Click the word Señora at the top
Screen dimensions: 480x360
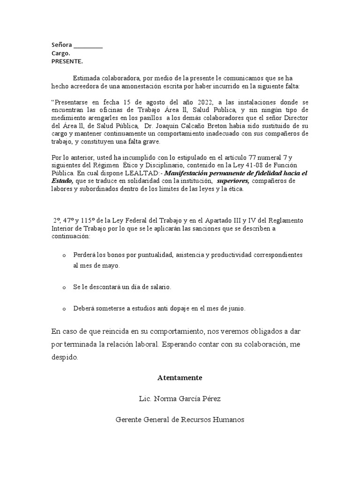pos(61,45)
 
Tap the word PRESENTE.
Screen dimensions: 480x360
pos(67,61)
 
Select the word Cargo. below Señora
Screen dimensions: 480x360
pos(60,53)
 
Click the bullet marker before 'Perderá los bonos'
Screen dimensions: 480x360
pos(64,255)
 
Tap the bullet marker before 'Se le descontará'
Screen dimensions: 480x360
pos(64,287)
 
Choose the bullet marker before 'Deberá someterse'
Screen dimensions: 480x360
pos(64,309)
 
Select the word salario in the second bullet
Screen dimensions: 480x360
pos(160,286)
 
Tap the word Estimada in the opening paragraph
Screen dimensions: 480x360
pos(86,78)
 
